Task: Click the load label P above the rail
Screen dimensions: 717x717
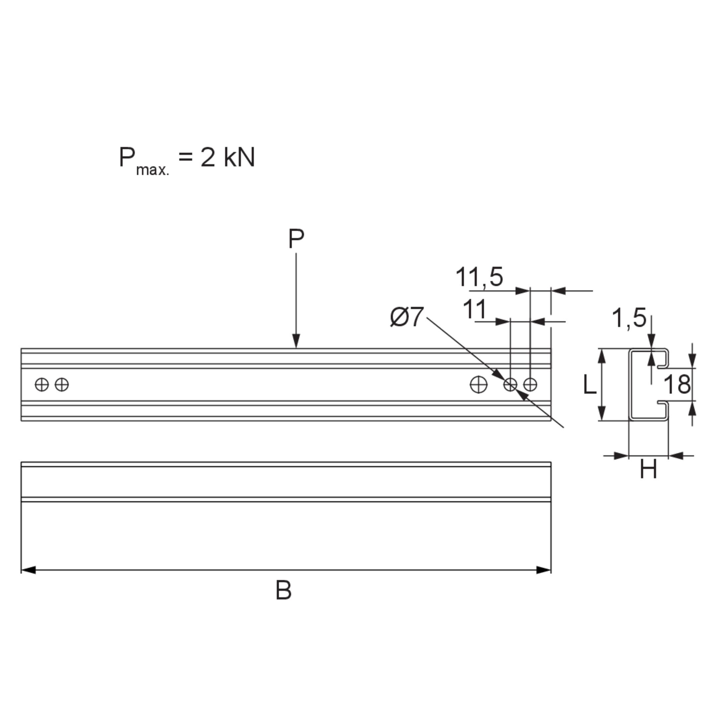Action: (x=296, y=238)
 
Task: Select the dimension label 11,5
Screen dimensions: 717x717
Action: (x=479, y=277)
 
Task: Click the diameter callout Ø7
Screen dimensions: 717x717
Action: (x=406, y=317)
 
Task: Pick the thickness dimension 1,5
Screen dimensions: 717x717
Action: (x=629, y=318)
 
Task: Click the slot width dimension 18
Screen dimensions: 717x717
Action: (x=677, y=384)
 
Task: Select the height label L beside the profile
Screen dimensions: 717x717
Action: (x=590, y=384)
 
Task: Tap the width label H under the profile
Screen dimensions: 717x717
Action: (x=648, y=469)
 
